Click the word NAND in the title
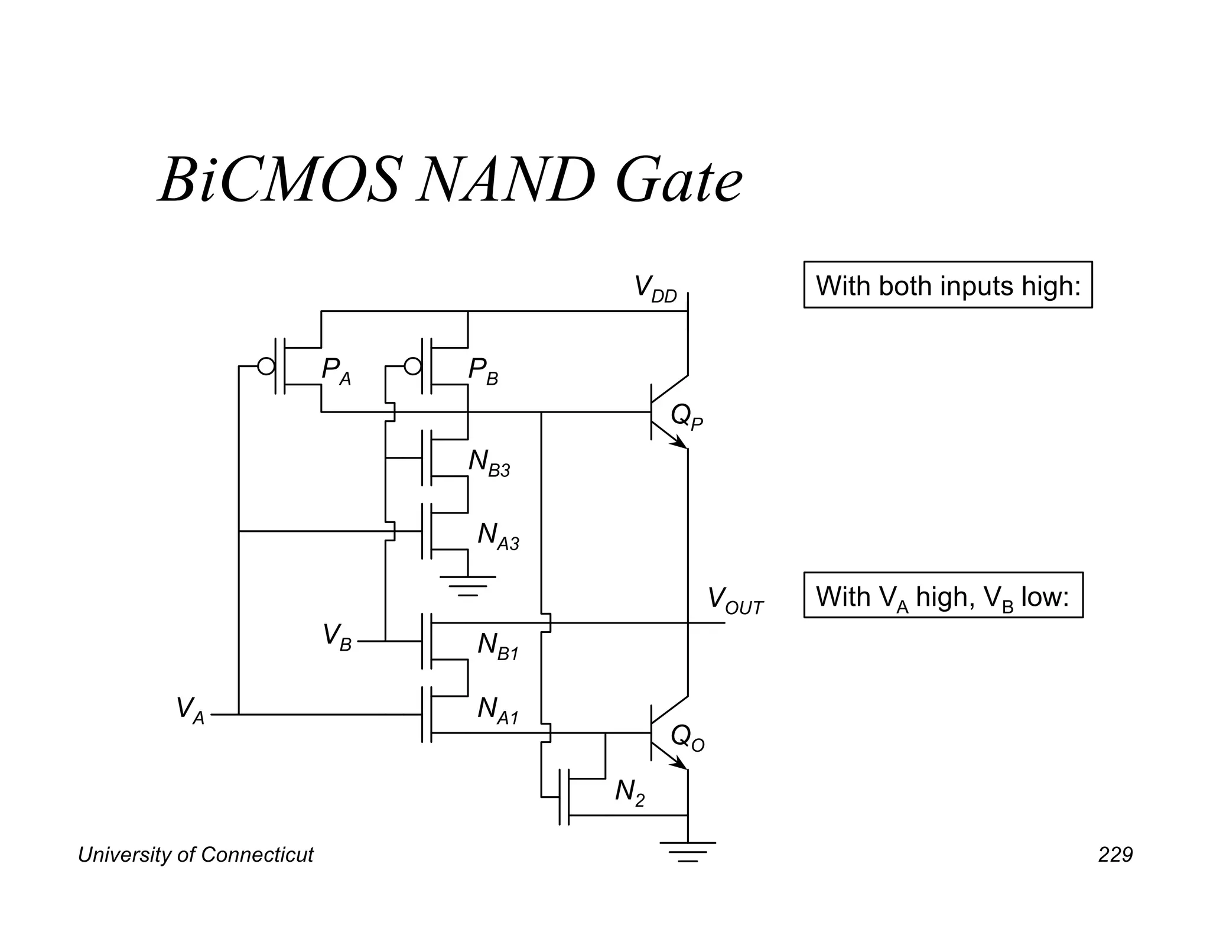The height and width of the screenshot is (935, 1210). click(x=505, y=180)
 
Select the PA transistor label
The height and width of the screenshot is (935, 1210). click(x=336, y=371)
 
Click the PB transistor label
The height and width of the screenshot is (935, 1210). click(x=483, y=371)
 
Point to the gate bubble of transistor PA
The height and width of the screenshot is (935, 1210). click(x=266, y=366)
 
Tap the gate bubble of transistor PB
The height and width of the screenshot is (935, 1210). click(x=413, y=366)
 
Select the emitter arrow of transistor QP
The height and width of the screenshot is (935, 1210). click(x=679, y=441)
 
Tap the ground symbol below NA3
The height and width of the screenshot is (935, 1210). click(x=467, y=586)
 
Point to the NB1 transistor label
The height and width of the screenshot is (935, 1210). click(x=497, y=646)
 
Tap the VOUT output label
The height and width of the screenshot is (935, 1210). click(x=735, y=600)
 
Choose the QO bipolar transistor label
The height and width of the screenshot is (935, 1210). click(x=687, y=739)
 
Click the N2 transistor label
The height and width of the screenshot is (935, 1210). click(x=629, y=792)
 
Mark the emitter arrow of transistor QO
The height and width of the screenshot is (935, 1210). click(x=679, y=762)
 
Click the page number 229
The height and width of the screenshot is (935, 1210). click(x=1115, y=855)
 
